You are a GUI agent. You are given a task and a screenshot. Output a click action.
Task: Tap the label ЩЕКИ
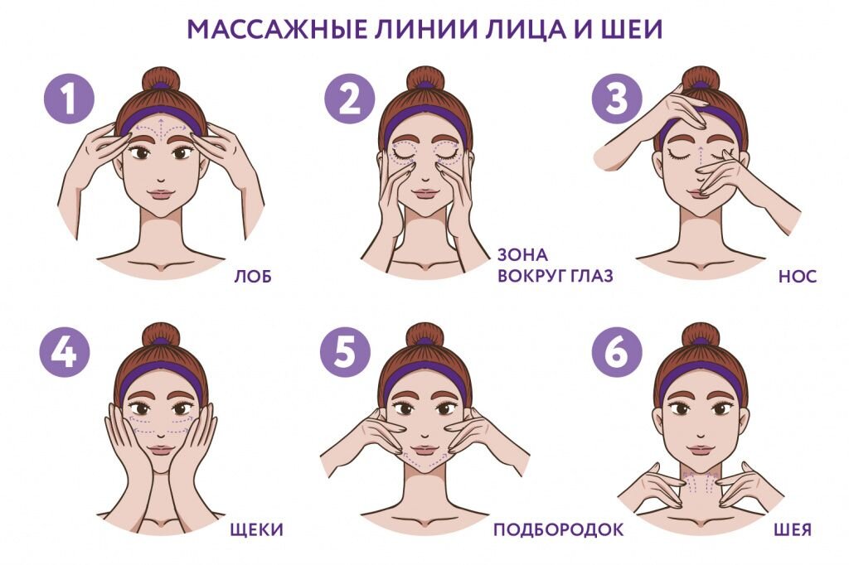tap(256, 529)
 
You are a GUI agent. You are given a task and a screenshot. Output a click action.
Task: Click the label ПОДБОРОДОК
tap(558, 529)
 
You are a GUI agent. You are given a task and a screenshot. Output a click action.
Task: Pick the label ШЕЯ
tap(793, 529)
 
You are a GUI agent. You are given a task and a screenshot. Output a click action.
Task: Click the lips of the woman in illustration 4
tap(160, 450)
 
